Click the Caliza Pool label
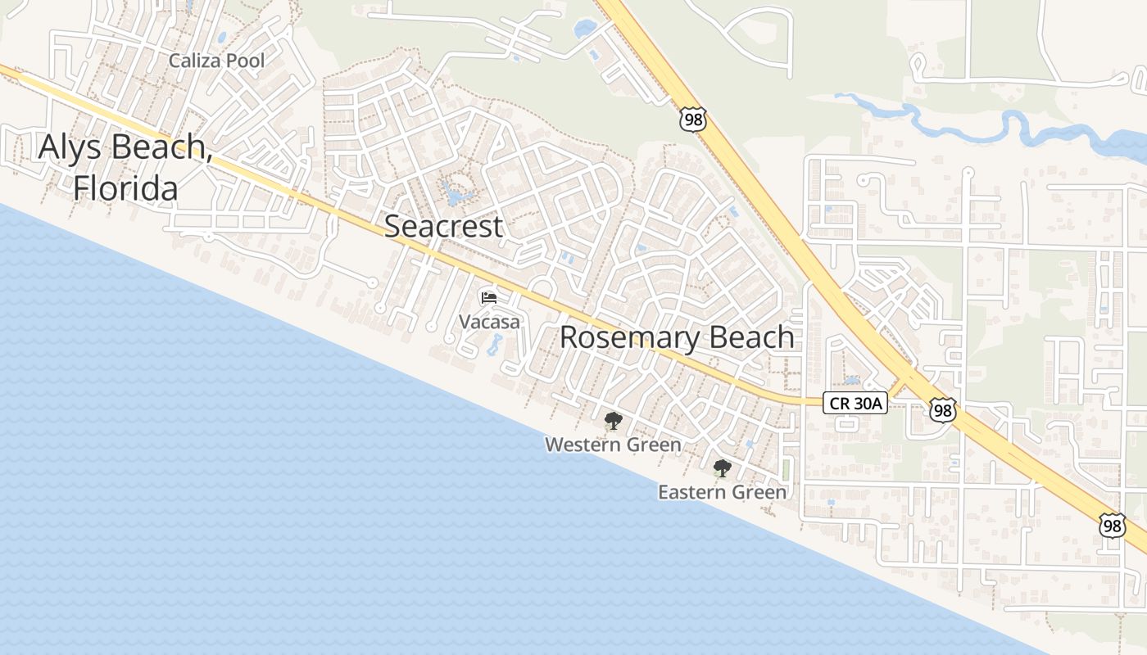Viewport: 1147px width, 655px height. (216, 61)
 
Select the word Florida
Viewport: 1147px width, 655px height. (125, 187)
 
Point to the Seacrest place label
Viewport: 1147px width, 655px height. (443, 226)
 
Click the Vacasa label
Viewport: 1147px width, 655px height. (489, 322)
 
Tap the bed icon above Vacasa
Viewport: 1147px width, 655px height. (489, 298)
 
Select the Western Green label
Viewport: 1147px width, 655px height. (613, 445)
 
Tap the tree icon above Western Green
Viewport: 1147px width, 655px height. (612, 422)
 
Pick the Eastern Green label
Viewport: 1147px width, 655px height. (722, 492)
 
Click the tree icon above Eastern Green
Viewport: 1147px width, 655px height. (722, 468)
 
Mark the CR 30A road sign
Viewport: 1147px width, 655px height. (855, 402)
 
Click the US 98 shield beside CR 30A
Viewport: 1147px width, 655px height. (943, 409)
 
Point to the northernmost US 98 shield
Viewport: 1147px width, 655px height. (691, 120)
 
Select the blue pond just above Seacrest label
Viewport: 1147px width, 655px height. (452, 196)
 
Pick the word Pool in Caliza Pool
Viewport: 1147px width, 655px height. (245, 61)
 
